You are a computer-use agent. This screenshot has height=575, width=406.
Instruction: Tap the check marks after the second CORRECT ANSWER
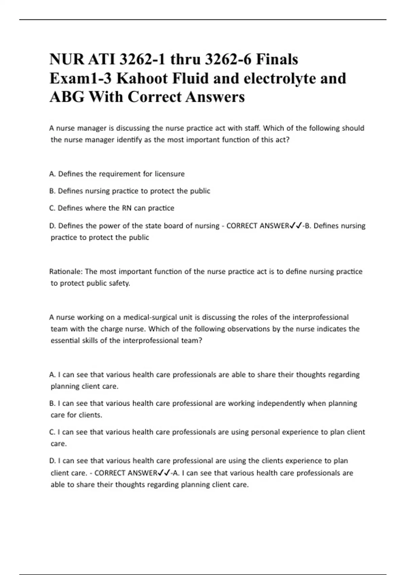[x=164, y=473]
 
